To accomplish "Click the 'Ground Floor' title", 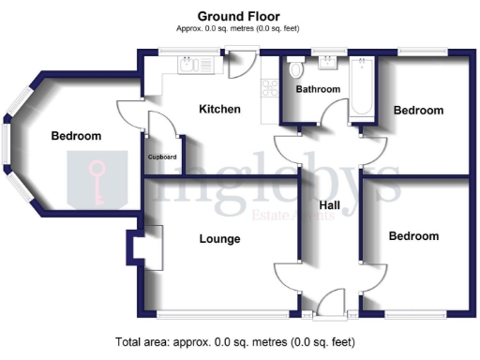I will [239, 16].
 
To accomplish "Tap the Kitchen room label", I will [219, 110].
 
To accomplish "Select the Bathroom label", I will [318, 91].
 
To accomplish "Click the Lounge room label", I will [219, 239].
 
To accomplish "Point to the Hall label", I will [329, 204].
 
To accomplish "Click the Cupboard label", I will [162, 157].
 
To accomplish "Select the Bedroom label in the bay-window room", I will [76, 137].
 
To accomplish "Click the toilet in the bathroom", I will [296, 70].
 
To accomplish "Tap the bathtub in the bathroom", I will [362, 86].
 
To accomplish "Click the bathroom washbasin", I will [328, 63].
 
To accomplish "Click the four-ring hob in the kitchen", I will [270, 89].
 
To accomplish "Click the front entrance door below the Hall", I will [330, 304].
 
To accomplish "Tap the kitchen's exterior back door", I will [237, 66].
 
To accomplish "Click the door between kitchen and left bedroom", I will [128, 114].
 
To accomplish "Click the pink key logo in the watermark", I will [97, 180].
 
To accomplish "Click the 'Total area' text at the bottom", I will [235, 342].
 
